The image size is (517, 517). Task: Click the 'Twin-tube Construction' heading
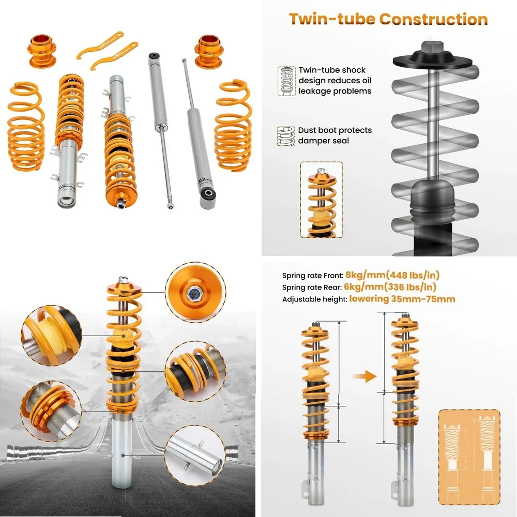pyautogui.click(x=388, y=19)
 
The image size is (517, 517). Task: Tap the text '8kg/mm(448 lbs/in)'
pyautogui.click(x=392, y=275)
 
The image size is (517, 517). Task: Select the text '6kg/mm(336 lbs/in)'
pyautogui.click(x=390, y=287)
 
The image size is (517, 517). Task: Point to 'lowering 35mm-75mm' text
pyautogui.click(x=402, y=299)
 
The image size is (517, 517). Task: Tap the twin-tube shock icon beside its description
pyautogui.click(x=286, y=80)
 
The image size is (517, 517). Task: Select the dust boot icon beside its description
pyautogui.click(x=286, y=135)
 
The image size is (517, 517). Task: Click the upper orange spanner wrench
pyautogui.click(x=101, y=44)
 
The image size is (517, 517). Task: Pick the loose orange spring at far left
pyautogui.click(x=25, y=125)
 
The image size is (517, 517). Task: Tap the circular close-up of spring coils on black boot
pyautogui.click(x=194, y=368)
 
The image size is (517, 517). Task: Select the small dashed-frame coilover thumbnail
pyautogui.click(x=321, y=200)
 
